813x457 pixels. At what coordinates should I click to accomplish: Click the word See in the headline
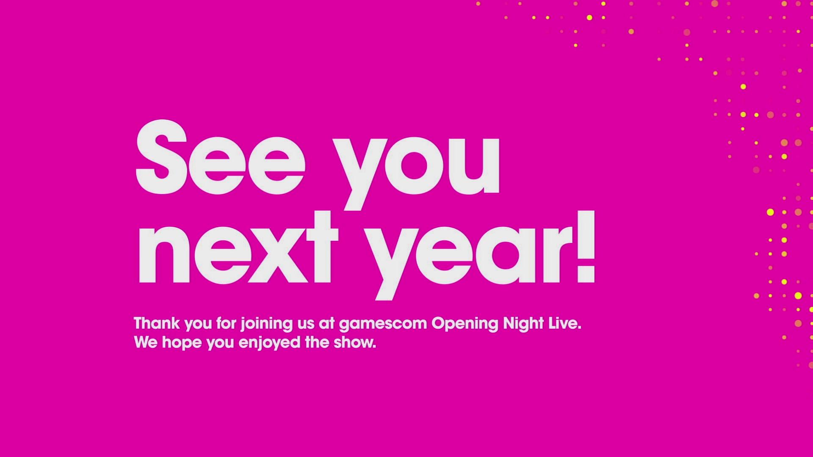tap(220, 157)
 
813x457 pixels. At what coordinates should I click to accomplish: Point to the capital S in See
tap(162, 157)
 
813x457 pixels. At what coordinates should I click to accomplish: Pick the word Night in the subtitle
tap(523, 324)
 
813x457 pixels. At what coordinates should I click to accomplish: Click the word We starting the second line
tap(146, 342)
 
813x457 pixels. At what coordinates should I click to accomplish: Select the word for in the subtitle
tap(227, 323)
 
